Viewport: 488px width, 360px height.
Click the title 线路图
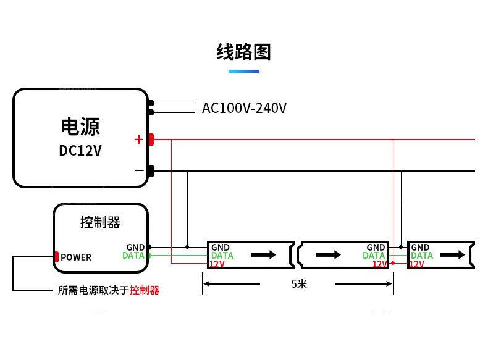point(243,52)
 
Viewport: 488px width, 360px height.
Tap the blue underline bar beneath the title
point(243,72)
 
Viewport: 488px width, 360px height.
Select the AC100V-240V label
point(244,108)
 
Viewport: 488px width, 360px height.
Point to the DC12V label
point(80,151)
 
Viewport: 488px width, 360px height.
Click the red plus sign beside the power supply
point(138,140)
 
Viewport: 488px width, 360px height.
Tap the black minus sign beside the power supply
point(138,170)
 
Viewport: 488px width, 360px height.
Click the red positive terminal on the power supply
point(151,140)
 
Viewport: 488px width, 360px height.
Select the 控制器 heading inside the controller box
point(100,222)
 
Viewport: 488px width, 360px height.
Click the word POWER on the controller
point(76,257)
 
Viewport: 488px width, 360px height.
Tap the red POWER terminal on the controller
point(56,257)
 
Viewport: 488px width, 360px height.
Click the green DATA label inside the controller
point(133,256)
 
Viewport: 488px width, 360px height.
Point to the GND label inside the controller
point(135,248)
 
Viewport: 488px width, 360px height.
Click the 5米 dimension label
point(299,284)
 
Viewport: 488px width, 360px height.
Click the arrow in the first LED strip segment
point(263,254)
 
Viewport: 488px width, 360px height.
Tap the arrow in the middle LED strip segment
point(328,254)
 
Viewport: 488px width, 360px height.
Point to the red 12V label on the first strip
point(217,264)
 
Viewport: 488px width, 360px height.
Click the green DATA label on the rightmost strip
point(422,256)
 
